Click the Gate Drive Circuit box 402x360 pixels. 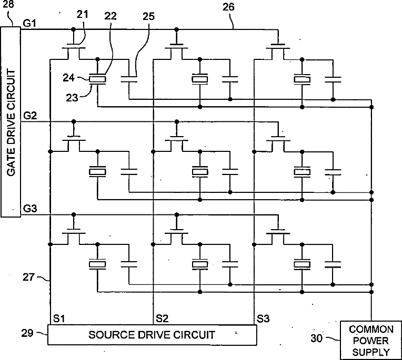11,122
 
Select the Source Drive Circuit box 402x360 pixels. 152,335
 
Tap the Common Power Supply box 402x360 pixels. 371,340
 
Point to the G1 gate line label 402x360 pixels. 29,23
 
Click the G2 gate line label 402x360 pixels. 30,116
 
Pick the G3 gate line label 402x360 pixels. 30,209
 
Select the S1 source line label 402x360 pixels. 59,318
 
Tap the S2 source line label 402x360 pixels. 162,318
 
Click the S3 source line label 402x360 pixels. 263,319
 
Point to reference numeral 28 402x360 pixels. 8,4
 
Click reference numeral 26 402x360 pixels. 228,7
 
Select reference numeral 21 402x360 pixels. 82,14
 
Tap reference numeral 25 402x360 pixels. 148,16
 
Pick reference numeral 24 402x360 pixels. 68,78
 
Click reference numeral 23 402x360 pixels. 72,98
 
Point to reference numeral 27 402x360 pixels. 28,277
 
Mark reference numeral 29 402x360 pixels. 27,333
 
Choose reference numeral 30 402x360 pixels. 316,338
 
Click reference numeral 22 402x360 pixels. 110,16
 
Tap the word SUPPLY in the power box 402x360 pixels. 371,352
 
